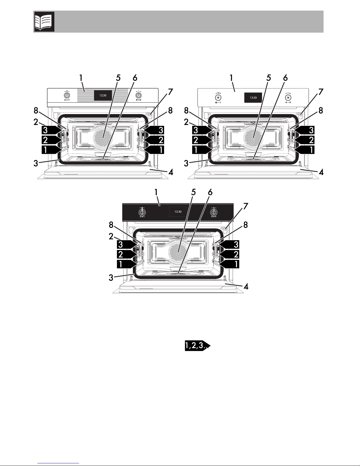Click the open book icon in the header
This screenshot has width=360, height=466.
[x=44, y=22]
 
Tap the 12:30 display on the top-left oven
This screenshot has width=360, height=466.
[x=103, y=96]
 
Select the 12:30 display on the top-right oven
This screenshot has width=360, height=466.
[x=253, y=98]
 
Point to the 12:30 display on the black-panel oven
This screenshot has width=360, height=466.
[x=178, y=212]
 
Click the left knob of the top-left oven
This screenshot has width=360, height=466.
[x=67, y=95]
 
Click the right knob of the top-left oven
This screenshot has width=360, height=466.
[x=139, y=95]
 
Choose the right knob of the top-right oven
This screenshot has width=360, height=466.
[x=288, y=97]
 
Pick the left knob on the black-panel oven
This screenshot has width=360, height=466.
[x=142, y=212]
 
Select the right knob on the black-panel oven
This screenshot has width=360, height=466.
[x=213, y=212]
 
